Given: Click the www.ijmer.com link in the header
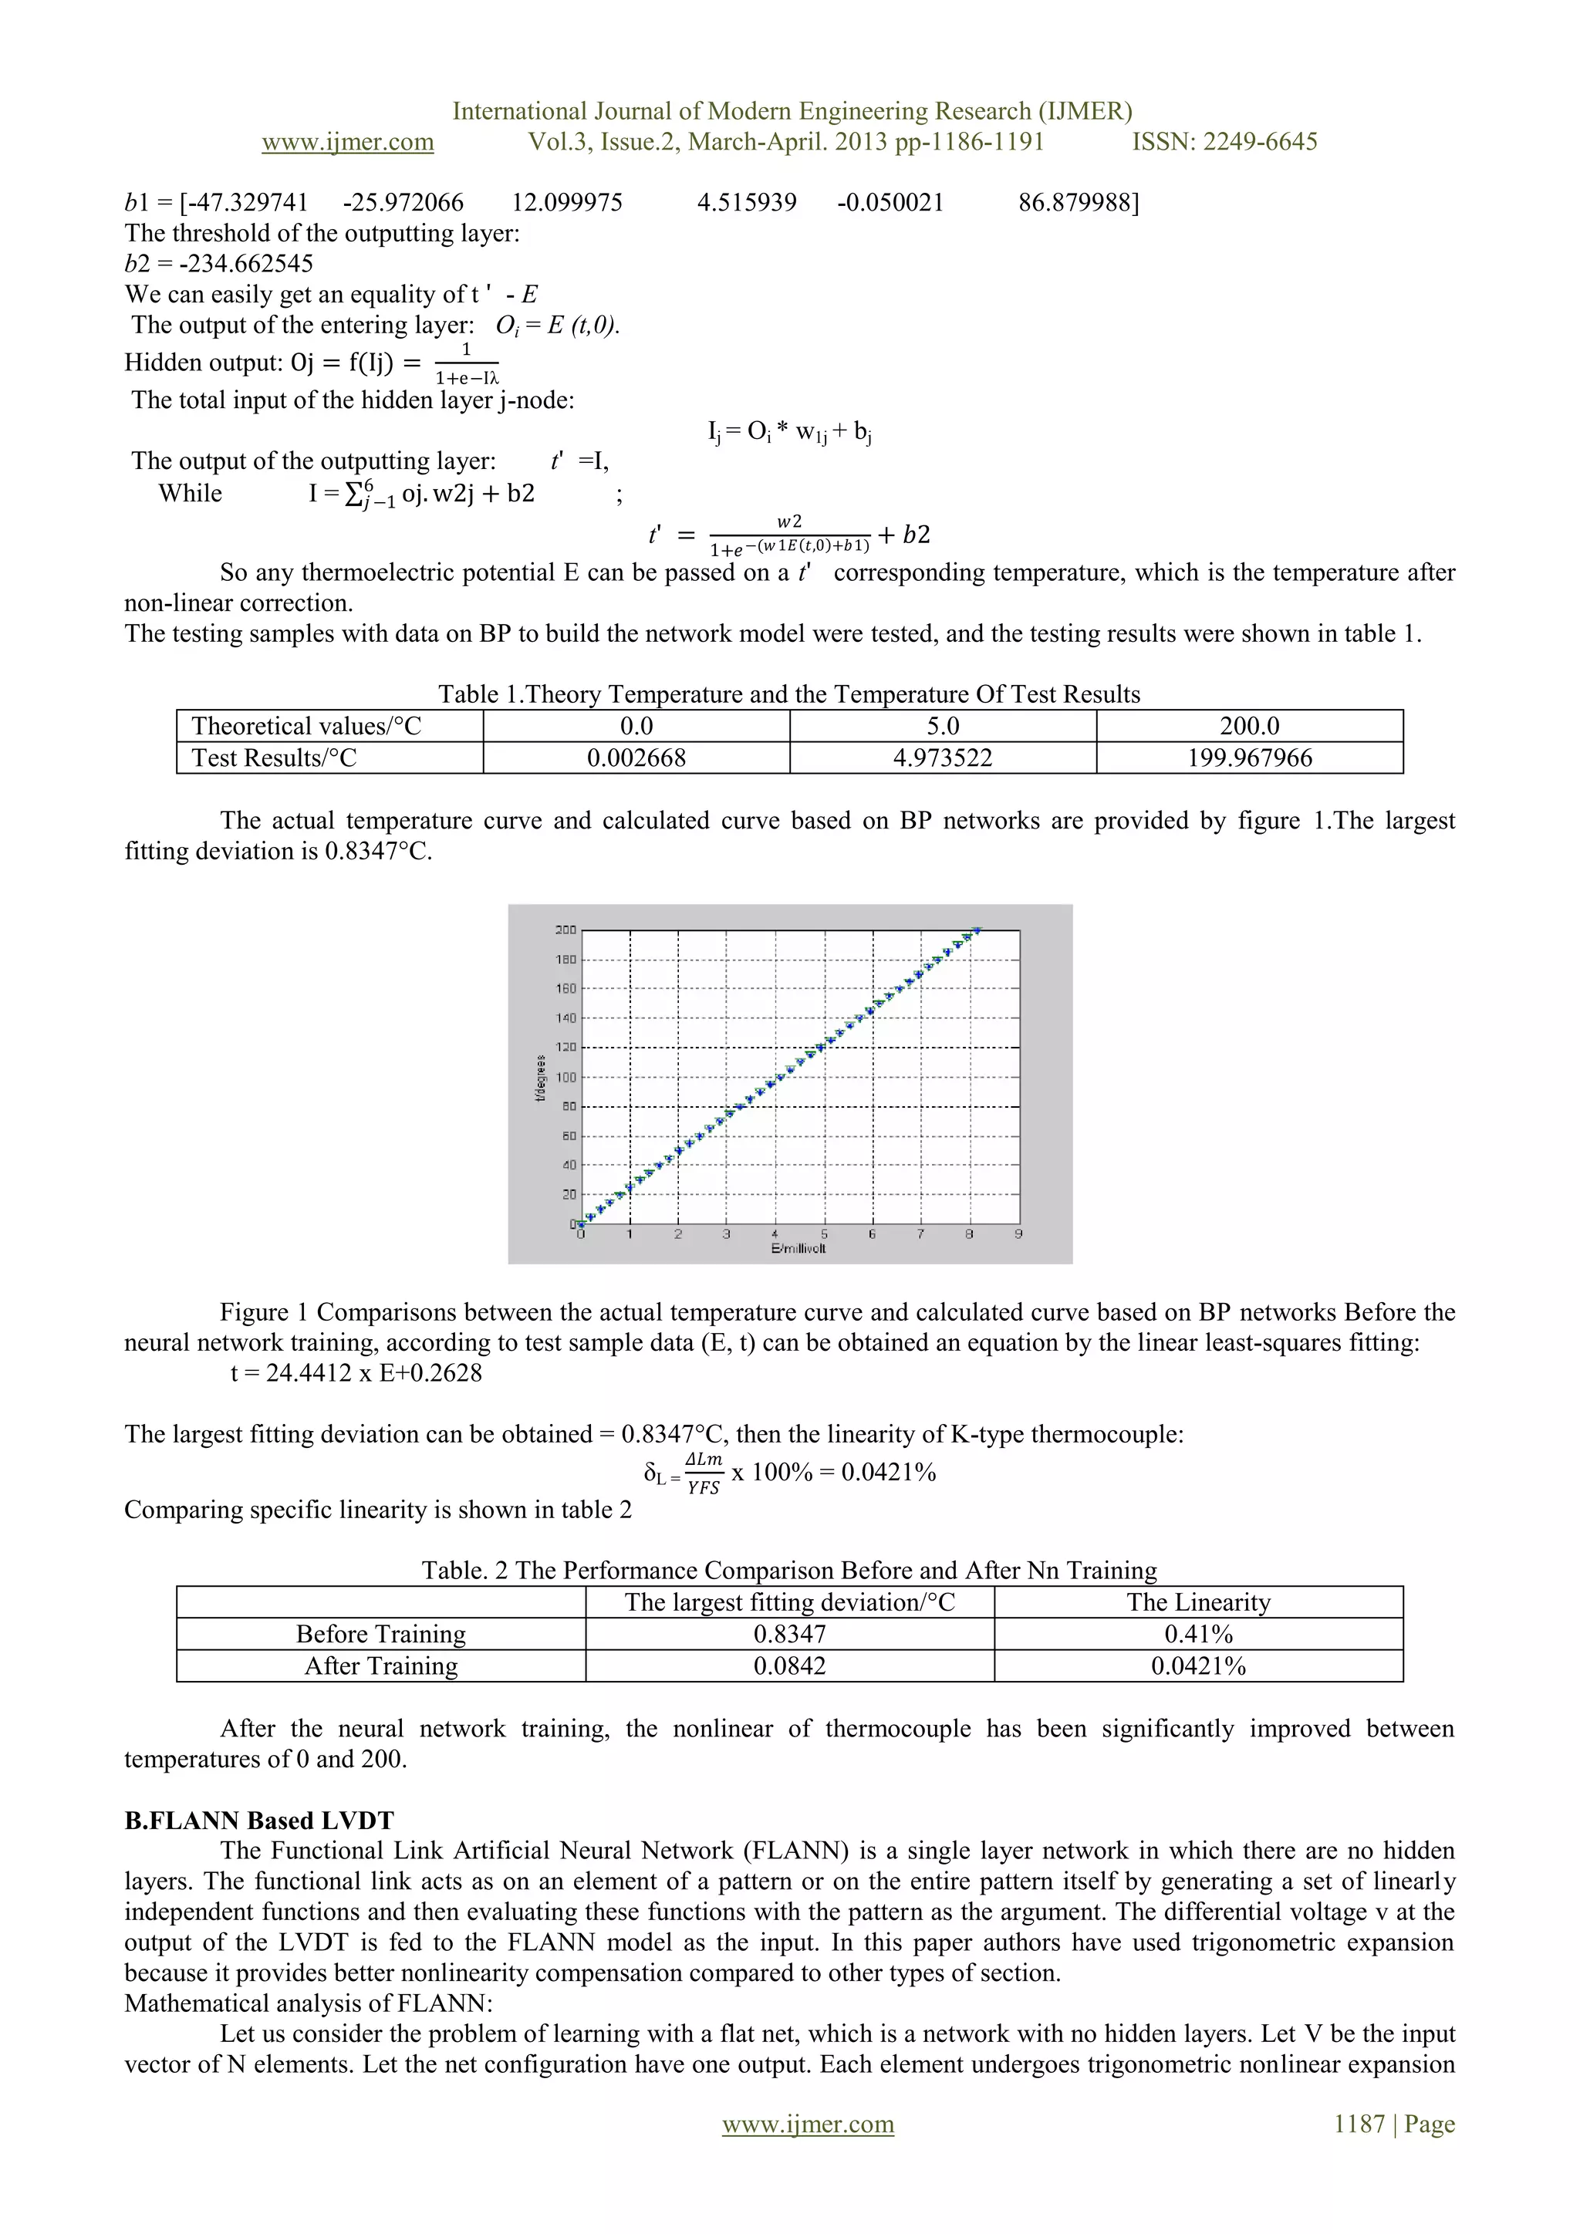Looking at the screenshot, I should click(347, 142).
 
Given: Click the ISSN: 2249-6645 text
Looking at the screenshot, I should click(1224, 142).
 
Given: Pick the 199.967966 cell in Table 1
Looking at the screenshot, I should click(1249, 758).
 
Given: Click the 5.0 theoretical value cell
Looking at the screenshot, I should click(943, 726).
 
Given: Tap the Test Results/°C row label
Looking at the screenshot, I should click(275, 758).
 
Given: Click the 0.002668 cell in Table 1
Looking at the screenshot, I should click(636, 758).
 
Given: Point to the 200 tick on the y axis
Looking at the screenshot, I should click(565, 930).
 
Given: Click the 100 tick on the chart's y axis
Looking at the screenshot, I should click(565, 1077).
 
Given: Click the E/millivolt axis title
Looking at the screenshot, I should click(798, 1248).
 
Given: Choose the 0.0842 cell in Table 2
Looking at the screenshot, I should click(789, 1665).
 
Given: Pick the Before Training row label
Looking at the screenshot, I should click(380, 1634).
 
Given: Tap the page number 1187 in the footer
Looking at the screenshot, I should click(1358, 2124).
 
